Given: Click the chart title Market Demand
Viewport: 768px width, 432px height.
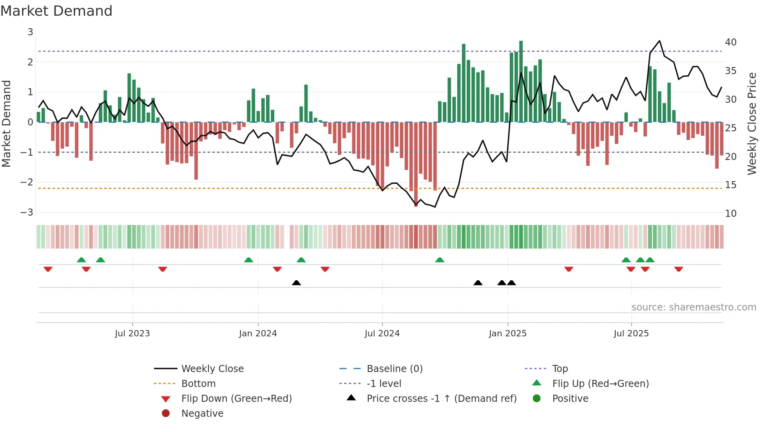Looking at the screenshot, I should tap(56, 11).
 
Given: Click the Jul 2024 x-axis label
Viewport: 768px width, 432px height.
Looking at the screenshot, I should tap(382, 334).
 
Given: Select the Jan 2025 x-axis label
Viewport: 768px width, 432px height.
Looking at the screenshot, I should tap(507, 334).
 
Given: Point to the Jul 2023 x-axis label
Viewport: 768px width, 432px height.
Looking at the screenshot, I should tap(132, 334).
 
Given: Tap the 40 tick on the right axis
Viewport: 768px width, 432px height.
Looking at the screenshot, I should tap(730, 42).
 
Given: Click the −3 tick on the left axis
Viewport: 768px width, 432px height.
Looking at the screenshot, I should tap(27, 212).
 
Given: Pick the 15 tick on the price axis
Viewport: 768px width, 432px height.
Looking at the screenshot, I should tap(730, 185).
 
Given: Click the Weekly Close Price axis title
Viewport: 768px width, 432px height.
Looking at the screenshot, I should tap(752, 123).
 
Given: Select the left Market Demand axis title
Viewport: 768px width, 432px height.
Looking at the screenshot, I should tap(7, 123).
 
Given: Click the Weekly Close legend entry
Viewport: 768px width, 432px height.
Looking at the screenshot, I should tap(212, 369).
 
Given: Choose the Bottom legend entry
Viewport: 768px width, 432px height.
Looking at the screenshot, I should tap(198, 384).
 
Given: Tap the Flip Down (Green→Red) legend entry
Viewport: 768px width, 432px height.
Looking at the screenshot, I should tap(236, 399).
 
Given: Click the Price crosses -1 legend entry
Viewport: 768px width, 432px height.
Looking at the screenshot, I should tap(441, 399).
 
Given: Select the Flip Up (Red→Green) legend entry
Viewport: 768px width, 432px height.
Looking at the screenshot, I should tap(600, 384).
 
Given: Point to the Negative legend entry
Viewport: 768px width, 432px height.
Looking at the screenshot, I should tap(202, 414).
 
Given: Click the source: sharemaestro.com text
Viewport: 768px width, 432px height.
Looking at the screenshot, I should tap(694, 307).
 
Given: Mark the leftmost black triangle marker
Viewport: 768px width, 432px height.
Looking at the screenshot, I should tap(296, 283).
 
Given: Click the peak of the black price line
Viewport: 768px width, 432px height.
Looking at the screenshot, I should tap(659, 41).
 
